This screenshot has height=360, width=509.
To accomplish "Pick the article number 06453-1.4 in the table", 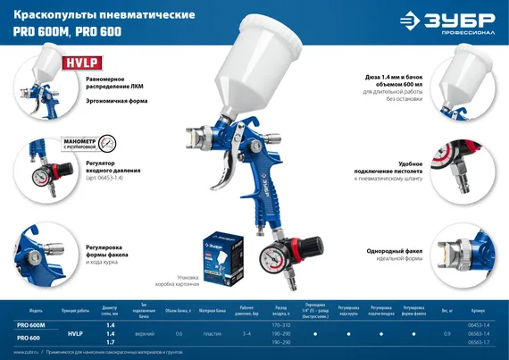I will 479,325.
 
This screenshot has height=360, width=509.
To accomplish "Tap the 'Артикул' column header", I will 479,311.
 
